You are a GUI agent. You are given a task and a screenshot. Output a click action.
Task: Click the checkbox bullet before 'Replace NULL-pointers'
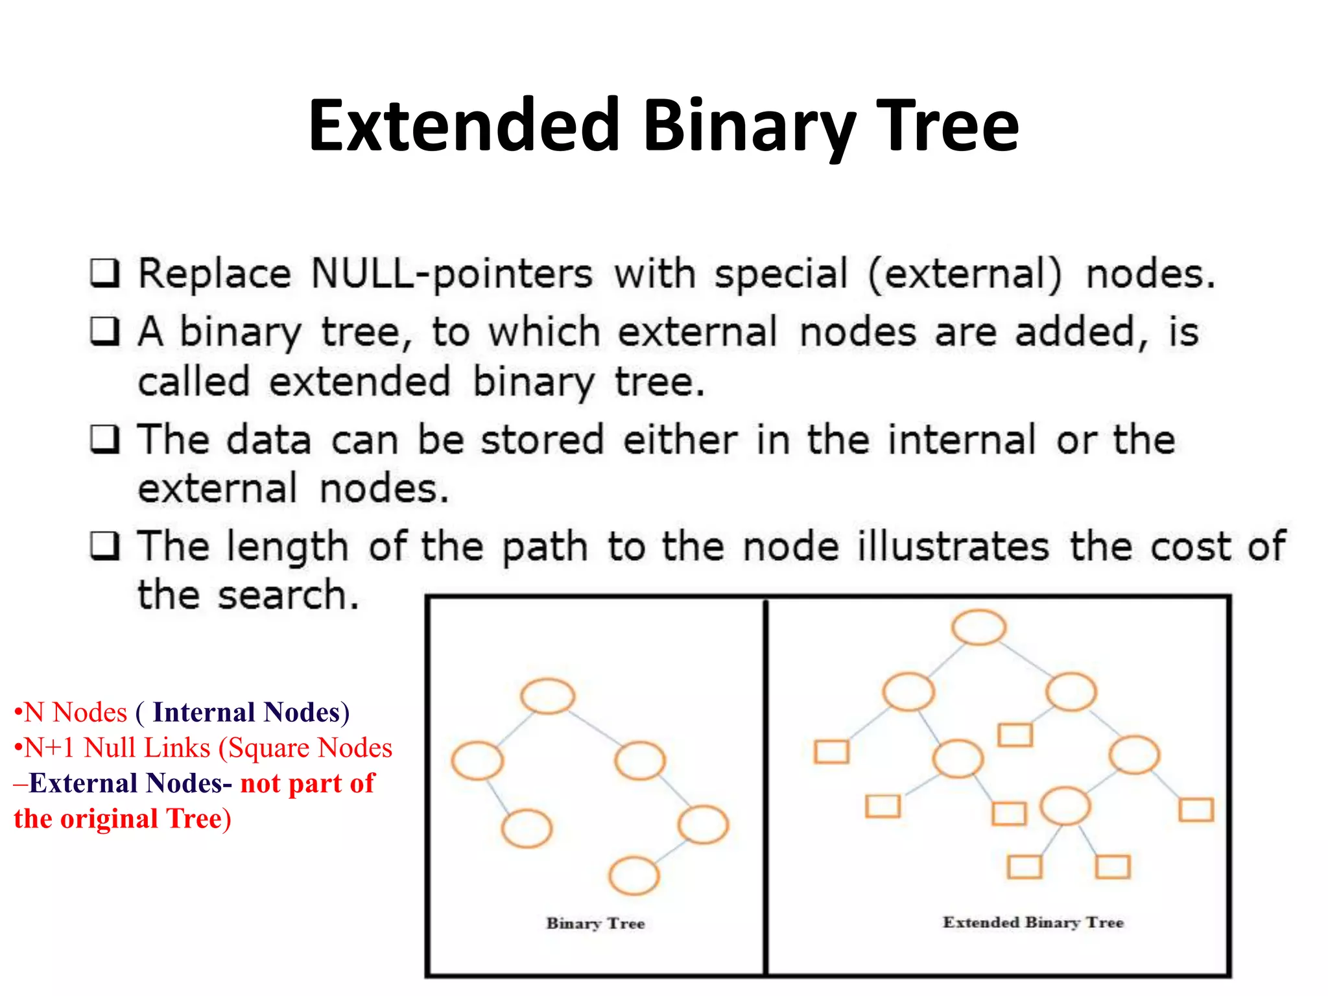pyautogui.click(x=104, y=274)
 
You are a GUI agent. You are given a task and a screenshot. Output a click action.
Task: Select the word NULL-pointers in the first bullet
pyautogui.click(x=451, y=274)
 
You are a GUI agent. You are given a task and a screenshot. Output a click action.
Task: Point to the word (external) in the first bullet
pyautogui.click(x=965, y=274)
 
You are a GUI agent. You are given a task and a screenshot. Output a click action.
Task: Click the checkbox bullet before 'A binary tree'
pyautogui.click(x=104, y=332)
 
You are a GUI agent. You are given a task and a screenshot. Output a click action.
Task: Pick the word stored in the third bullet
pyautogui.click(x=542, y=440)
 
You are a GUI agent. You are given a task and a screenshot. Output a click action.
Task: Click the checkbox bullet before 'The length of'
pyautogui.click(x=104, y=546)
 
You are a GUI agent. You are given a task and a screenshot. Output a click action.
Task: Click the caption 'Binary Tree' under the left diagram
pyautogui.click(x=595, y=923)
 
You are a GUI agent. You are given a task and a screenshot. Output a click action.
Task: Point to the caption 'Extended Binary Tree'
pyautogui.click(x=1033, y=922)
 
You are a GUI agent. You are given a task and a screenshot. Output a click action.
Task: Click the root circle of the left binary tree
pyautogui.click(x=548, y=696)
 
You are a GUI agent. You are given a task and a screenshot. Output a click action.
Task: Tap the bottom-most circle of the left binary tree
pyautogui.click(x=634, y=876)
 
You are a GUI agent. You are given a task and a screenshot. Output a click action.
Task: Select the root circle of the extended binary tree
pyautogui.click(x=979, y=627)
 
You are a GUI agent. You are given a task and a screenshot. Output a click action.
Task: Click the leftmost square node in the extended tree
pyautogui.click(x=832, y=752)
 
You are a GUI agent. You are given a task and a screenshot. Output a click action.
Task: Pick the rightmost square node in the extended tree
pyautogui.click(x=1196, y=810)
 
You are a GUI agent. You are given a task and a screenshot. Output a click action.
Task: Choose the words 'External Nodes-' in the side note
pyautogui.click(x=130, y=783)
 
